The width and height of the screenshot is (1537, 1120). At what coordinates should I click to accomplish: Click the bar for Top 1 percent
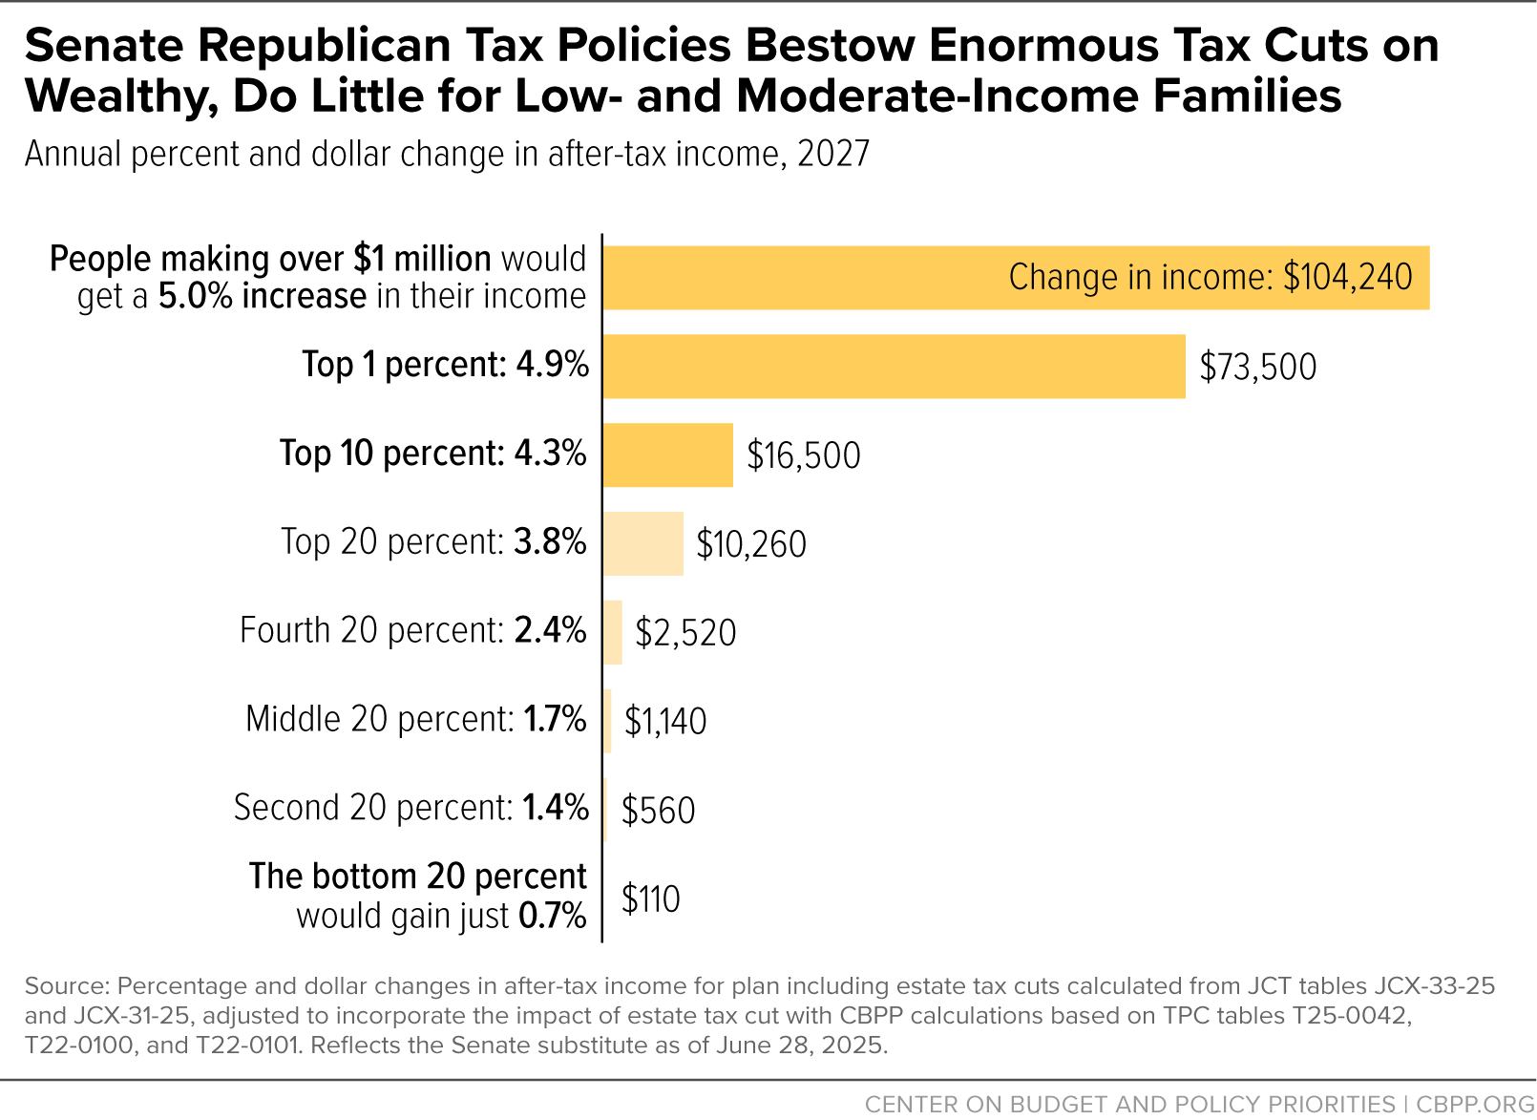895,367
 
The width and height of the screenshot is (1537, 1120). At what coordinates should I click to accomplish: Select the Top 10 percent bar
667,455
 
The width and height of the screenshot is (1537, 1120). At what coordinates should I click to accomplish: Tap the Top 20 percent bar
642,543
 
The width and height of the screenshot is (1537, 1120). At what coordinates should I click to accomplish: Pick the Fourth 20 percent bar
613,632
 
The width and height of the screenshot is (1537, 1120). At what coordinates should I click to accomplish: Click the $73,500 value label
1257,367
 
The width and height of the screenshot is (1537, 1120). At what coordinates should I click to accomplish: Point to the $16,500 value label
804,455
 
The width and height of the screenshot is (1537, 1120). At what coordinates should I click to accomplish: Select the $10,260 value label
751,544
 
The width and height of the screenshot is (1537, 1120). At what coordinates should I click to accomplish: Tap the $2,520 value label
685,632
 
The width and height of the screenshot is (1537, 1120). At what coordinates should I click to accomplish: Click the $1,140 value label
664,721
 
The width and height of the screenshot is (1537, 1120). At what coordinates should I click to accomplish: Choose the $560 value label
658,810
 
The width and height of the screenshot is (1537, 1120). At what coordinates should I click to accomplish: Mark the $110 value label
650,898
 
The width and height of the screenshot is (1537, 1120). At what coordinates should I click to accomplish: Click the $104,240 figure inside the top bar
1348,277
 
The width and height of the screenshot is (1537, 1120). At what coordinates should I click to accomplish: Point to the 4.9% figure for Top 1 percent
553,364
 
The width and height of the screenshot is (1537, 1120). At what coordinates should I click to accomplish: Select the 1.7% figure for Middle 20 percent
555,719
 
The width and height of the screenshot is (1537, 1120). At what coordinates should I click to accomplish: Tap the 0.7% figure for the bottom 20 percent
553,916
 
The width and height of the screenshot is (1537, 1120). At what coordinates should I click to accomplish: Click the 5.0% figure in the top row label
196,296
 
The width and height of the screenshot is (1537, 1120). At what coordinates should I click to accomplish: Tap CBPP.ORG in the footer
1475,1104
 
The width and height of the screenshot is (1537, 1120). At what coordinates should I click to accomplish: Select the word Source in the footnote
67,986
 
